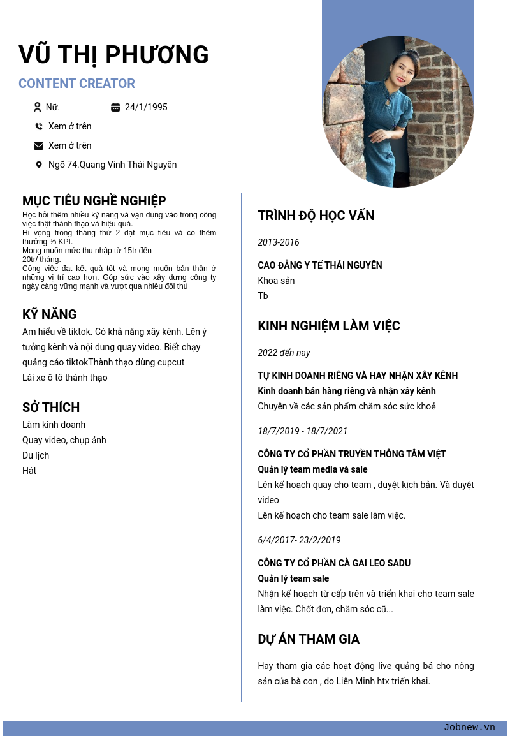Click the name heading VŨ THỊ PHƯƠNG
[113, 55]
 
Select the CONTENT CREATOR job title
[76, 84]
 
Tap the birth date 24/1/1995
[146, 107]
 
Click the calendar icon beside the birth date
[115, 107]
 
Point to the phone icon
[39, 126]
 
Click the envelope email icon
[39, 145]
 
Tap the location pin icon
[39, 165]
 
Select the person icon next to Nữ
[38, 107]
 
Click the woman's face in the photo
[404, 70]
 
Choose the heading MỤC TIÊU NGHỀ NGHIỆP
[94, 201]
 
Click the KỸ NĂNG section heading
[50, 314]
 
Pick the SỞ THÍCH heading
[51, 408]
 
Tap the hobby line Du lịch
[36, 455]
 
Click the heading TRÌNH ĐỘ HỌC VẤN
[316, 216]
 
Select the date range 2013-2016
[279, 242]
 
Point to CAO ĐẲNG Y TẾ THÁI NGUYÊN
[320, 265]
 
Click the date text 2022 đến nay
[284, 353]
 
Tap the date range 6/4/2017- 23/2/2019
[300, 540]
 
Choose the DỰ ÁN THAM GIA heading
[309, 639]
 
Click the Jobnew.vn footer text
[469, 728]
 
